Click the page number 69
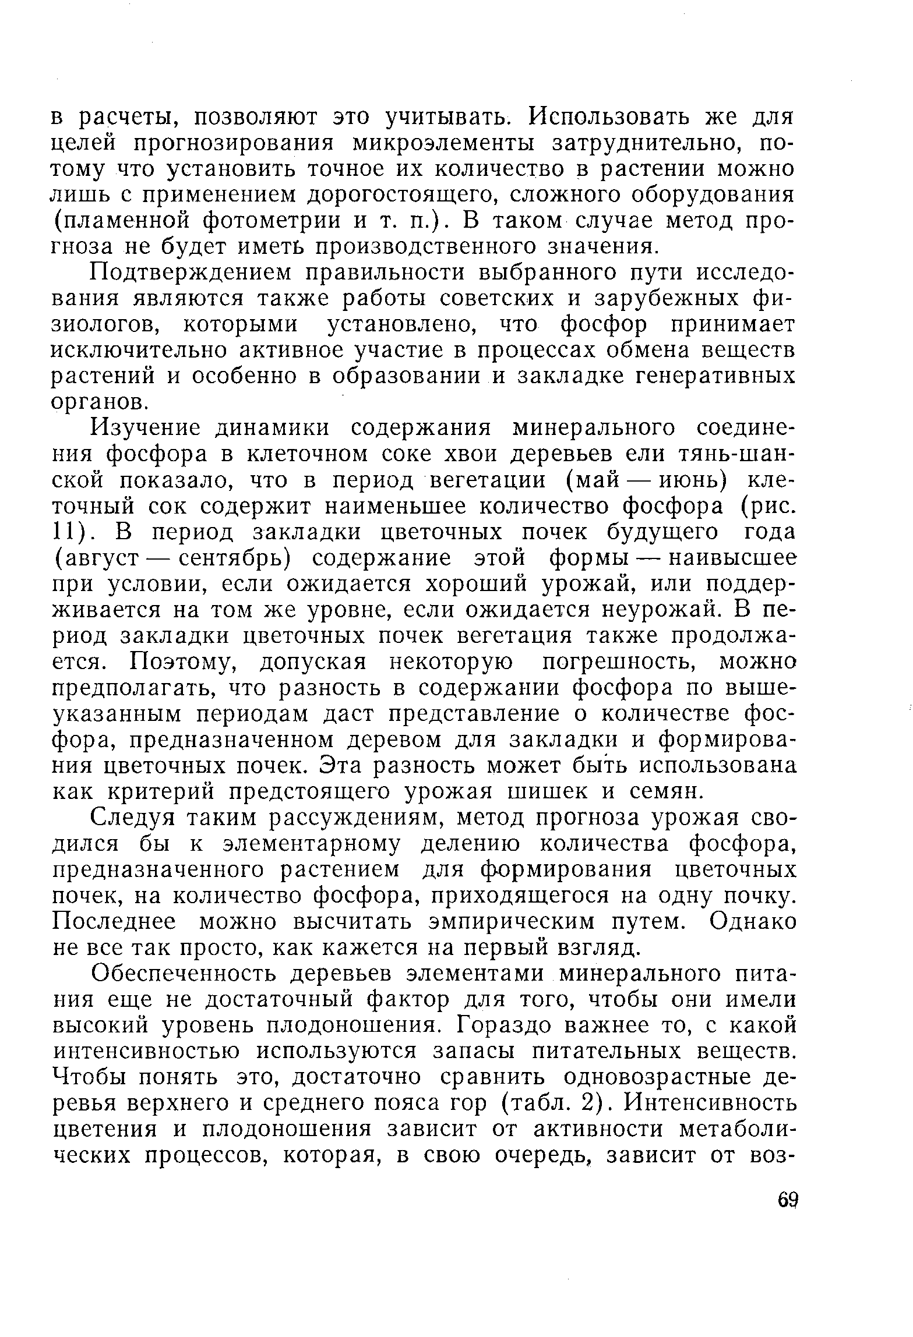pos(788,1201)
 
